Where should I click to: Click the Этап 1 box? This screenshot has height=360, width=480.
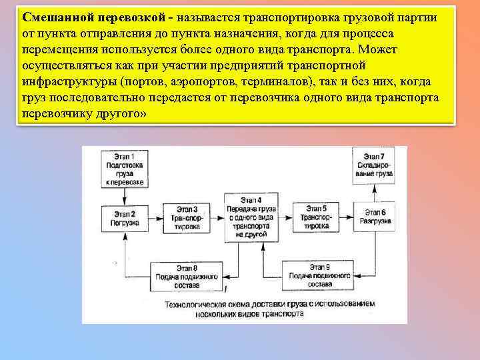click(x=124, y=168)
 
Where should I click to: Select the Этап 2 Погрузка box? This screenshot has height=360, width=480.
click(x=124, y=218)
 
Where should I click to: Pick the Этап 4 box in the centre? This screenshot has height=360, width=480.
click(x=251, y=217)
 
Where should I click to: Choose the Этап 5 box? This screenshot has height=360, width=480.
click(x=315, y=218)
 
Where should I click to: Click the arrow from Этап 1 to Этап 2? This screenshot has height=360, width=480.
click(x=124, y=195)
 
